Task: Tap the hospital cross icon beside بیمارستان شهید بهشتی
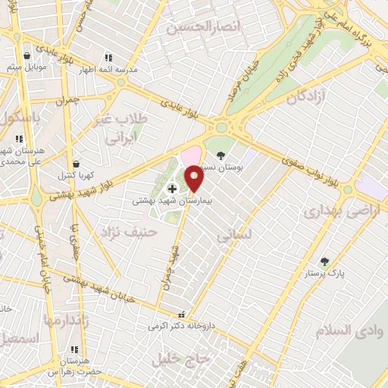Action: (x=173, y=188)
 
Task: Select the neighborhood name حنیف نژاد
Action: (x=133, y=234)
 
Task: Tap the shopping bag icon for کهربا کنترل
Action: (x=76, y=164)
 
